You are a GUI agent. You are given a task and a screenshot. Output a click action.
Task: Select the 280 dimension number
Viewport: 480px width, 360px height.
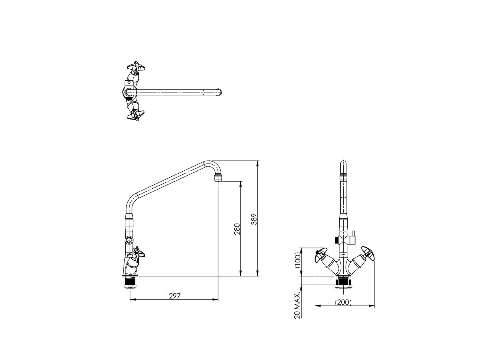(237, 229)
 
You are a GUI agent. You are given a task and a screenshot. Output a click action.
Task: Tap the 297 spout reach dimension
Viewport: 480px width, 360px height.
(175, 296)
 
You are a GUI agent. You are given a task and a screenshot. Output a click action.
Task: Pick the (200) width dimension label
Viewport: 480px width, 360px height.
(343, 302)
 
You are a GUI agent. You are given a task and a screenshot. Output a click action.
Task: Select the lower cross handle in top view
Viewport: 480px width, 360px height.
(134, 115)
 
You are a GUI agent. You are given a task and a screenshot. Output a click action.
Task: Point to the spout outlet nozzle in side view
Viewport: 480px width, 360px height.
(218, 177)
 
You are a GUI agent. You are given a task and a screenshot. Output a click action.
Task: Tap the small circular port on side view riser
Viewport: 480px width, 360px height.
(129, 240)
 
